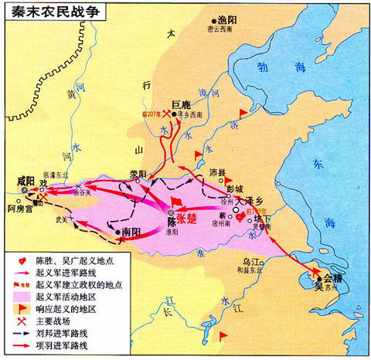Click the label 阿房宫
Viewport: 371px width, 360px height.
coord(21,207)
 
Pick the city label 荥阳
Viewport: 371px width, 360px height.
coord(137,174)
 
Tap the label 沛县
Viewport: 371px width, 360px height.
coord(219,173)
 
